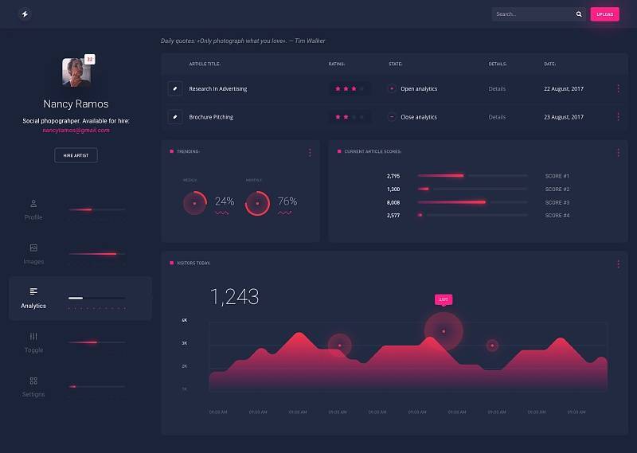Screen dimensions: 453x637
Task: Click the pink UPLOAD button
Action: [x=604, y=14]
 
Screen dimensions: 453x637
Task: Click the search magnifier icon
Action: [x=579, y=14]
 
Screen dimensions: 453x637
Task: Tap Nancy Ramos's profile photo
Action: [x=76, y=72]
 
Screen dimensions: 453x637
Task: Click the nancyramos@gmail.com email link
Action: [x=76, y=130]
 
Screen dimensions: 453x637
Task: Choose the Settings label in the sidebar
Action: [x=33, y=394]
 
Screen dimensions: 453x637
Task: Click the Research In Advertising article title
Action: [x=218, y=88]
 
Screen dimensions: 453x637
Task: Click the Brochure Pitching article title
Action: [x=211, y=117]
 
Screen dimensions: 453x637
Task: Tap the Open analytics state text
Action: [x=419, y=88]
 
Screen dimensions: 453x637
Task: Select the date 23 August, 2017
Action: [x=564, y=117]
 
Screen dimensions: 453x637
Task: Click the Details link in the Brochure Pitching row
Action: [x=497, y=117]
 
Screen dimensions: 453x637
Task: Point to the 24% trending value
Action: [x=225, y=201]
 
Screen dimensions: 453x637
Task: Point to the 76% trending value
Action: [x=287, y=201]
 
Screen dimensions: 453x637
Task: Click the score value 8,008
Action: [x=393, y=202]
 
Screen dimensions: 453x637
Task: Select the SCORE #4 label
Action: [x=557, y=216]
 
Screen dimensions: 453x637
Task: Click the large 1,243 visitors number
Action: [x=234, y=297]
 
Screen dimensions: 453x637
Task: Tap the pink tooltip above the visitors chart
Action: [x=444, y=299]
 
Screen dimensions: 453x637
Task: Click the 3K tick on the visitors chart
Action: [x=185, y=343]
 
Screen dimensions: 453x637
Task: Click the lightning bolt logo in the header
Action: [x=25, y=14]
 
